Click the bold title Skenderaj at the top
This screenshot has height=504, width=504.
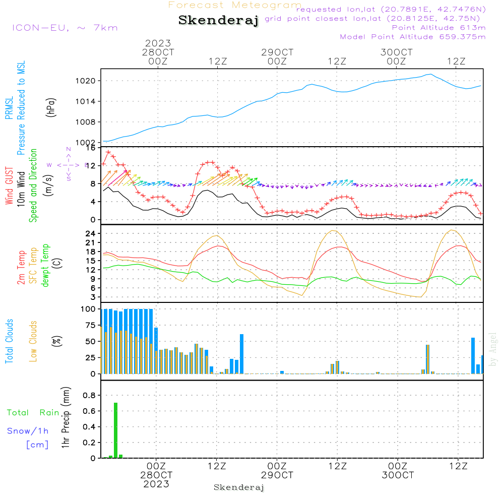click(x=218, y=21)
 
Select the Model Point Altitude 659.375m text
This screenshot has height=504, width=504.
click(x=413, y=37)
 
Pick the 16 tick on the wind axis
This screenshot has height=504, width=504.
click(x=91, y=148)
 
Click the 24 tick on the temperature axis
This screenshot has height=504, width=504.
click(x=91, y=234)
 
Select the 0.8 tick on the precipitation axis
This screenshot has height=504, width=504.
click(x=90, y=395)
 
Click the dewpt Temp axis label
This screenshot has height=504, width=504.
click(x=46, y=265)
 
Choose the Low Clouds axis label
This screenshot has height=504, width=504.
click(x=34, y=341)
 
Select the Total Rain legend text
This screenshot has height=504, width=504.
click(x=33, y=412)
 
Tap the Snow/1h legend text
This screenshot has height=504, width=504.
click(x=28, y=431)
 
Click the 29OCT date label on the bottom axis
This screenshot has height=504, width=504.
click(x=277, y=475)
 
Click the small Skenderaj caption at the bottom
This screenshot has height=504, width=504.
click(x=239, y=487)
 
